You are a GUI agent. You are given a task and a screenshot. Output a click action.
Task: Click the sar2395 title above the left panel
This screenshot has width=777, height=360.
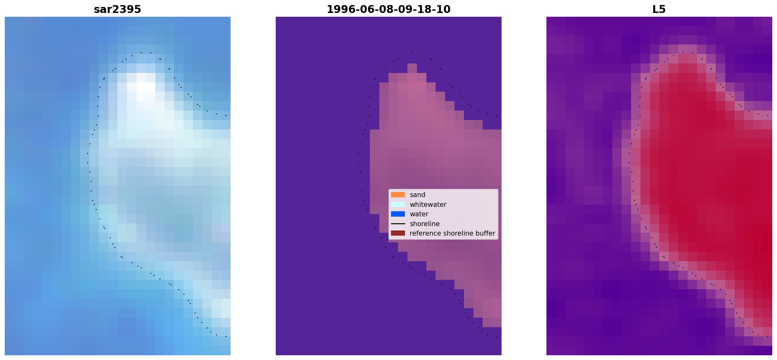point(117,9)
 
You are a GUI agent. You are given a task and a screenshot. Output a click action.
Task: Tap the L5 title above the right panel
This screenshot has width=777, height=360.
point(659,9)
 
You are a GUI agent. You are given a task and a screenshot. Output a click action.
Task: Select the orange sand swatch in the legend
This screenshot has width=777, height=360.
point(398,195)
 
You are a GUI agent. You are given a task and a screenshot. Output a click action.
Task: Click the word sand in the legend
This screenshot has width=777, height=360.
point(418,195)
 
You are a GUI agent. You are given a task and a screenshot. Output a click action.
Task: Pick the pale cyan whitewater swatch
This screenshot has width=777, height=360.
point(398,204)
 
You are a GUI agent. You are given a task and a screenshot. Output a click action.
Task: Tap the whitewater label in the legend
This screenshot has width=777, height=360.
point(428,205)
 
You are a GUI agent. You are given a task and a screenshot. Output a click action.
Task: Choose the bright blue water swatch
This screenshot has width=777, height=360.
point(398,214)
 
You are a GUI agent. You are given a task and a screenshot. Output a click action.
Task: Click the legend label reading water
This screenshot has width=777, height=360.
point(419,214)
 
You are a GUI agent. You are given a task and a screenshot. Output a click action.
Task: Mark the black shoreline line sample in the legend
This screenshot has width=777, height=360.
point(398,224)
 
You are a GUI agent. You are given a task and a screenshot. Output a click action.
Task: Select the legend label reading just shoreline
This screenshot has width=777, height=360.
point(425,224)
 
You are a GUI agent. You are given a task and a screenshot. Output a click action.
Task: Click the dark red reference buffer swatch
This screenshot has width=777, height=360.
point(398,233)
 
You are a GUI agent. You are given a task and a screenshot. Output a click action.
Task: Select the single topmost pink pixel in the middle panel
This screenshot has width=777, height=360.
point(412,68)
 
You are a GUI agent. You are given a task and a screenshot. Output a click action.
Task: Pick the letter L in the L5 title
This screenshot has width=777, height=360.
point(656,9)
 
